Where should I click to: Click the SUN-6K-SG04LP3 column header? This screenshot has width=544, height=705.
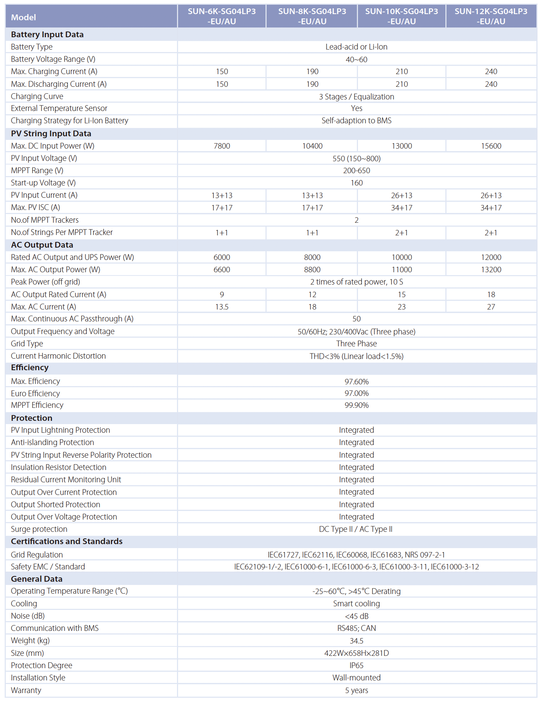(x=221, y=16)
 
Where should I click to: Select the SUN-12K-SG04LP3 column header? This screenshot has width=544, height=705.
(x=491, y=16)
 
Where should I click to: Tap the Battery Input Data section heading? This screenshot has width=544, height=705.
(x=47, y=34)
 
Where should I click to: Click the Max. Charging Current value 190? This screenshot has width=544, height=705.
(x=312, y=72)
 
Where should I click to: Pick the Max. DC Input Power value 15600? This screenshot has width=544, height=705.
(x=491, y=146)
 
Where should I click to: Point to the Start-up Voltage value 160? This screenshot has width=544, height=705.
(x=357, y=183)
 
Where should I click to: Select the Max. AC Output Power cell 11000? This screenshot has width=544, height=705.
(x=402, y=270)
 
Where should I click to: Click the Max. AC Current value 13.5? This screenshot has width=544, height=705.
(x=222, y=307)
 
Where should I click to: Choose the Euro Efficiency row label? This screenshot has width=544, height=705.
(x=35, y=393)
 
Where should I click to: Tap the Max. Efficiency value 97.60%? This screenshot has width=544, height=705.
(x=357, y=381)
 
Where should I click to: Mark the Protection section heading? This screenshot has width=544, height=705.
(x=32, y=418)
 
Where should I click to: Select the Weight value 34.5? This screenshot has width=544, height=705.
(x=357, y=641)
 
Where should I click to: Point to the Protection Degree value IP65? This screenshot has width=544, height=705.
(x=357, y=665)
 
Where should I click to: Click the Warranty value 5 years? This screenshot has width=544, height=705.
(x=357, y=690)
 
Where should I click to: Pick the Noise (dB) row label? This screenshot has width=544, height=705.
(x=28, y=616)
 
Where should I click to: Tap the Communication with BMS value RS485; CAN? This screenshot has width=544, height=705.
(x=357, y=628)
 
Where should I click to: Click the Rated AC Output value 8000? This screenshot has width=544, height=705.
(x=312, y=257)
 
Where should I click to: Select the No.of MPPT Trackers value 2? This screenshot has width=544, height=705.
(x=357, y=220)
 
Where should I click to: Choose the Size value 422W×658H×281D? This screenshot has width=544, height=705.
(x=357, y=653)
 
